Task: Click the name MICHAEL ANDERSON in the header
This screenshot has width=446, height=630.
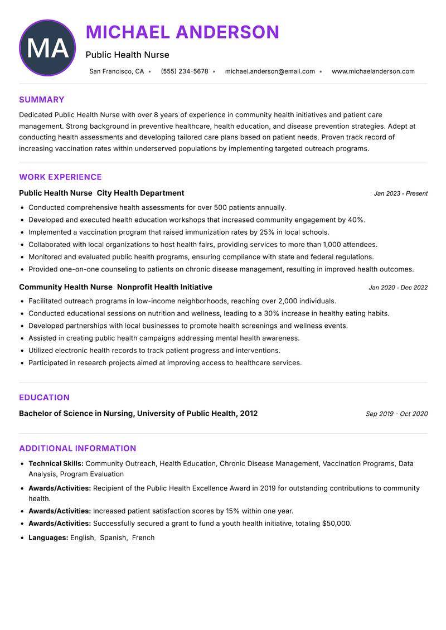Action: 182,32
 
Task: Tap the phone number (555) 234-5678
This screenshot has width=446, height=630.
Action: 184,71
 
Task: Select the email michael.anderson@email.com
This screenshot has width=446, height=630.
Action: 270,71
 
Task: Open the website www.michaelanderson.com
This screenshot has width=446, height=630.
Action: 373,71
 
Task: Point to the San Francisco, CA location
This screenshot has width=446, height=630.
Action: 117,71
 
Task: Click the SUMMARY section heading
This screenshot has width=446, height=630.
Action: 42,100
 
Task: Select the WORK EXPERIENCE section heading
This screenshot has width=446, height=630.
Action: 60,177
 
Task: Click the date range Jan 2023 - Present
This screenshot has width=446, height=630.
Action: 400,193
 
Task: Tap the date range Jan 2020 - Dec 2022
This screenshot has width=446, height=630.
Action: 398,288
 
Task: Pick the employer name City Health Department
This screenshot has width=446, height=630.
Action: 140,193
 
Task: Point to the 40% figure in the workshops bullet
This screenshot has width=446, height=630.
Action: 356,220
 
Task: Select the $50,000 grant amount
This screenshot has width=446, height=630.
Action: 336,524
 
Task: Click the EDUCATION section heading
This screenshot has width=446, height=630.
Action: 44,398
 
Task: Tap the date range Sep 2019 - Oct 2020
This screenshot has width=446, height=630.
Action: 396,414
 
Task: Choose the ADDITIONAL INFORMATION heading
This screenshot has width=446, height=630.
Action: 77,448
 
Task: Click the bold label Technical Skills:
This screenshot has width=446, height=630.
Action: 56,463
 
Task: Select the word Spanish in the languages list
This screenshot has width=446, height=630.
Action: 113,538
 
